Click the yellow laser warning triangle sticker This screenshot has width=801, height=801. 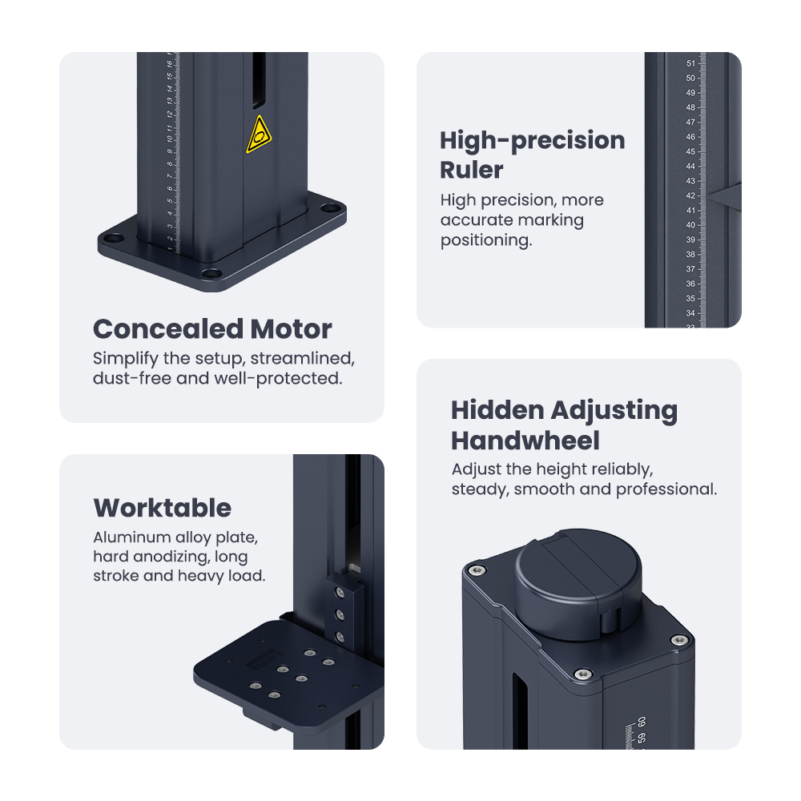[x=259, y=135]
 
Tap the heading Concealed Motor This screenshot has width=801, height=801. [x=212, y=329]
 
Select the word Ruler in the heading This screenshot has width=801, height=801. [x=472, y=170]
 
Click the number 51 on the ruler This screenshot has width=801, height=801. [x=690, y=63]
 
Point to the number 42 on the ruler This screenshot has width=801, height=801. [x=690, y=195]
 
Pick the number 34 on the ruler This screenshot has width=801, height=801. [x=690, y=313]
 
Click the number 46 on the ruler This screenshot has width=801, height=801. [x=690, y=137]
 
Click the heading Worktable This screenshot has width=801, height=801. [x=163, y=508]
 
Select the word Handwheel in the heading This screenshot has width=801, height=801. [x=525, y=441]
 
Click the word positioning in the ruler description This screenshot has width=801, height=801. [x=486, y=240]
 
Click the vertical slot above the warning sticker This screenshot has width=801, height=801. [x=259, y=80]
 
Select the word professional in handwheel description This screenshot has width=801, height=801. [x=666, y=489]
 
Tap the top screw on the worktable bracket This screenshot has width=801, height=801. [x=338, y=592]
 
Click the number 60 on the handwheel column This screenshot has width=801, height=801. [x=642, y=722]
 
